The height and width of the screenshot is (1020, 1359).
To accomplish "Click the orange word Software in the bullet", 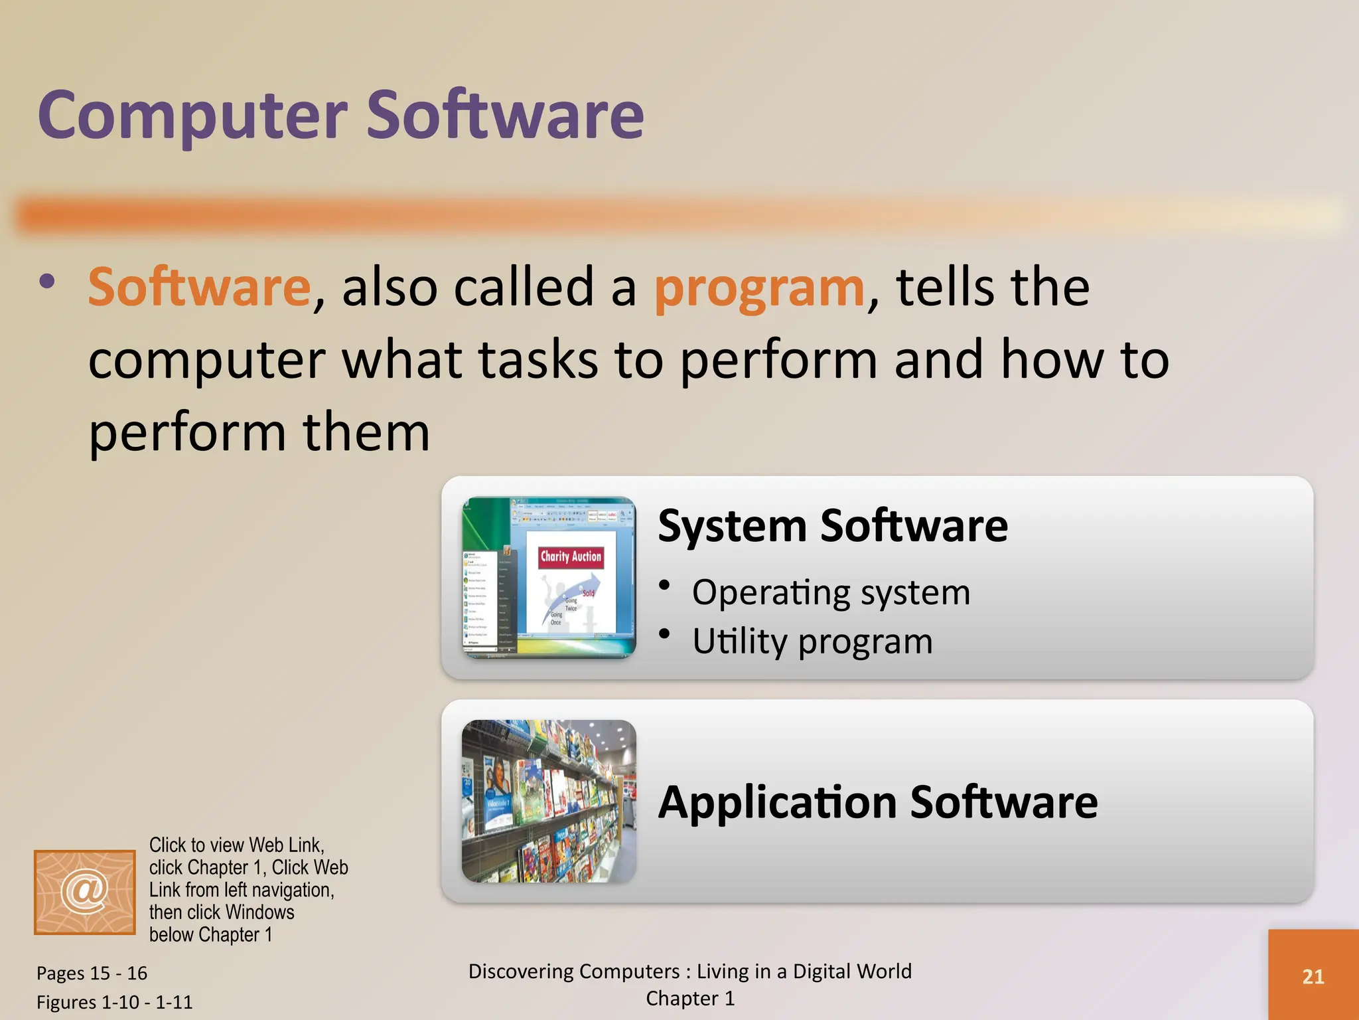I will tap(199, 287).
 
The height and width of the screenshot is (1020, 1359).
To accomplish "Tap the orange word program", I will tap(759, 287).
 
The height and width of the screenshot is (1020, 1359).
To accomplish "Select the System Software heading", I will tap(832, 526).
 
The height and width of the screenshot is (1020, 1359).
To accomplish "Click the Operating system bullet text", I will tap(831, 592).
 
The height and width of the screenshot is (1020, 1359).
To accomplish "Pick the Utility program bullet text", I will tap(812, 641).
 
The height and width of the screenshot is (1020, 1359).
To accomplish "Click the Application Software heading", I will tap(877, 802).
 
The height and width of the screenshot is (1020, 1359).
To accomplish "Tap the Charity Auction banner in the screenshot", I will tap(571, 556).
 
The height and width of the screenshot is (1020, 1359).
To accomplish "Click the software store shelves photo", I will tap(549, 802).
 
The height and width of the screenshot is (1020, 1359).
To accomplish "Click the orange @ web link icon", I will tap(85, 892).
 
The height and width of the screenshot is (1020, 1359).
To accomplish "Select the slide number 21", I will tap(1313, 976).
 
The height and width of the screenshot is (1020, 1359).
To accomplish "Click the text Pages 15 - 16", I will tap(92, 973).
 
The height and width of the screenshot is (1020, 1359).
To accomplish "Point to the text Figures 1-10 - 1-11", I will tap(114, 1002).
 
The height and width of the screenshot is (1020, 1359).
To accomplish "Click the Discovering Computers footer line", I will tap(690, 972).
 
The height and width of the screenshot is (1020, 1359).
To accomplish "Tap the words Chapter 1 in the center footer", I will tap(690, 999).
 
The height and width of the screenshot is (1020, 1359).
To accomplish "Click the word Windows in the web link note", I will tap(260, 912).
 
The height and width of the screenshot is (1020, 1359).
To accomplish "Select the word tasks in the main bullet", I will tap(537, 359).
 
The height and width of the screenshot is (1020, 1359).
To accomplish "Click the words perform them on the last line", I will tap(259, 432).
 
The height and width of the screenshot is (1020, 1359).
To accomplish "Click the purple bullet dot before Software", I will tap(47, 282).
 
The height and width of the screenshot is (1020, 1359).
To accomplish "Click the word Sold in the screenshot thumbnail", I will tap(588, 593).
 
